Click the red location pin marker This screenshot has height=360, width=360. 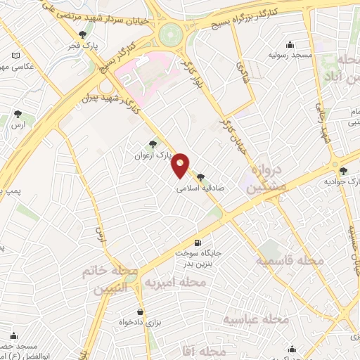(181, 165)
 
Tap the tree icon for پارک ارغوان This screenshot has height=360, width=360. (153, 143)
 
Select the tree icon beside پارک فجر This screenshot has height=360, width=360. (84, 34)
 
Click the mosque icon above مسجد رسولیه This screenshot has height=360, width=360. (292, 44)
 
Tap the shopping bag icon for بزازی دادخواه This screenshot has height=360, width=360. (140, 311)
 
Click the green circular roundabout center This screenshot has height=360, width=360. (170, 34)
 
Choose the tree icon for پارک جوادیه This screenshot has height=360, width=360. (343, 171)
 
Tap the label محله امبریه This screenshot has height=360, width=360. (175, 283)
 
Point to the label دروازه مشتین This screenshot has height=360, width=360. (268, 179)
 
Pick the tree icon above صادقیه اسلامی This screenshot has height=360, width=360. (201, 177)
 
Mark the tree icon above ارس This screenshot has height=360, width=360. (18, 114)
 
